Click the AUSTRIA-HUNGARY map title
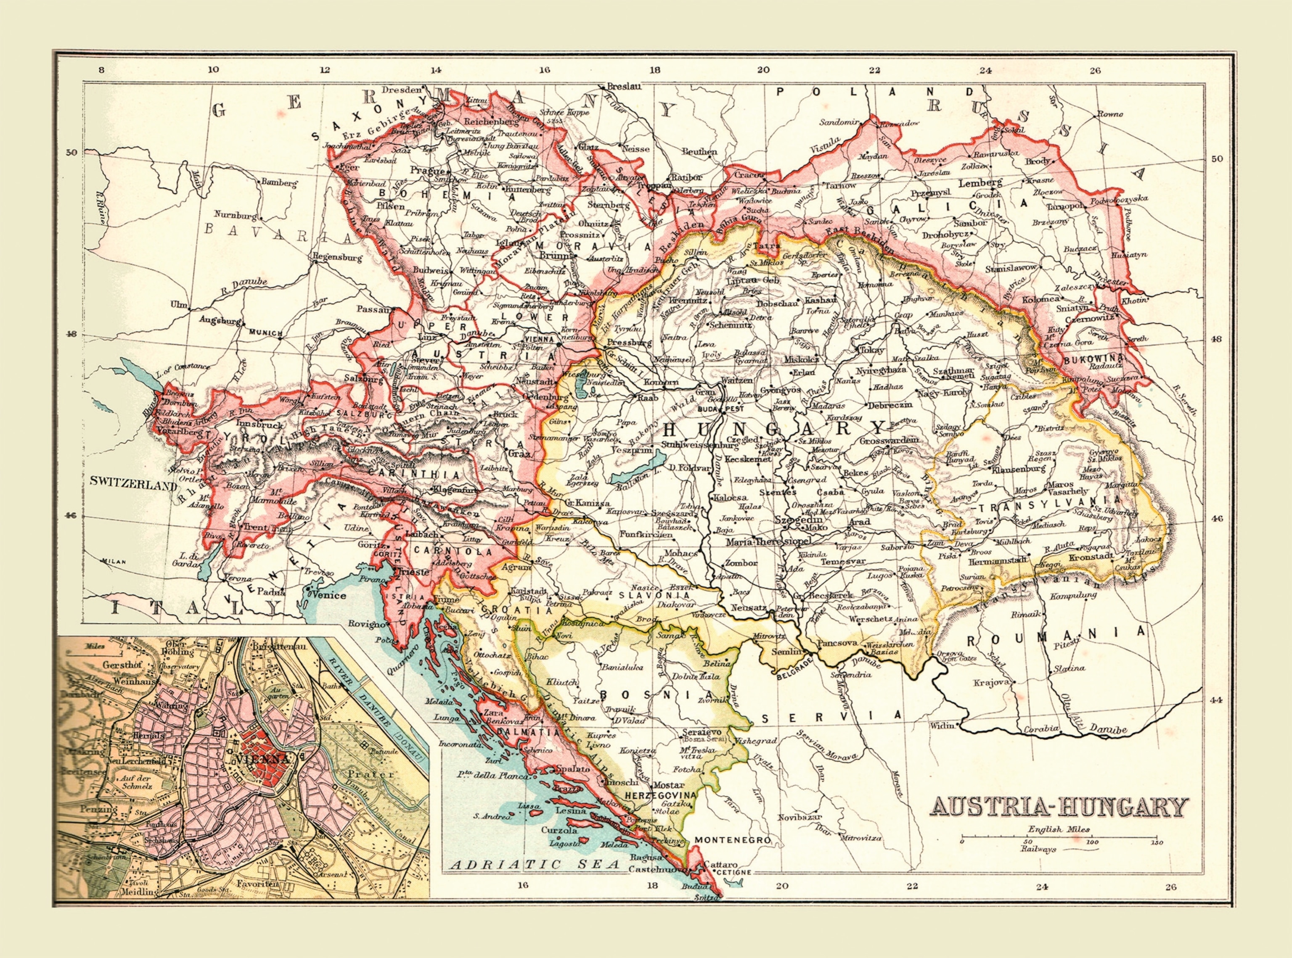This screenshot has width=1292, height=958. point(1059,807)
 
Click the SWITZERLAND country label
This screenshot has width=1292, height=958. point(133,481)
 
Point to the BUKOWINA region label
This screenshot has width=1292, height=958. point(1093,359)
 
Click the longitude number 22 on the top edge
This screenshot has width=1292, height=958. point(874,71)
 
